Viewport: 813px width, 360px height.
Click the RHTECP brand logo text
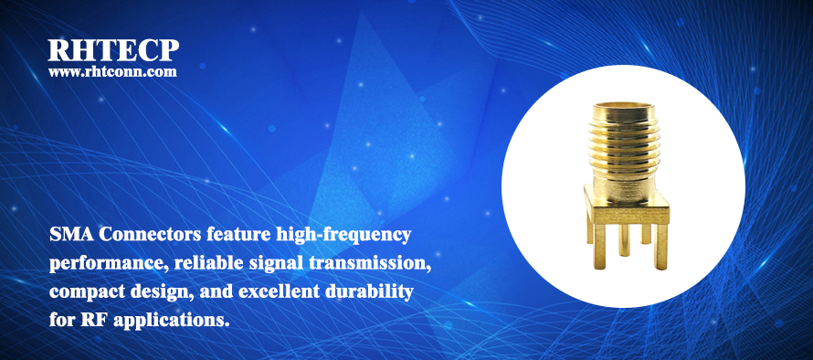(x=113, y=50)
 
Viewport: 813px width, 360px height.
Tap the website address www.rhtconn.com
(x=112, y=71)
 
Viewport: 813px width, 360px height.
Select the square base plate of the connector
(x=627, y=208)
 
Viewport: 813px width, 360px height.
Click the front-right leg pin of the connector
(x=660, y=247)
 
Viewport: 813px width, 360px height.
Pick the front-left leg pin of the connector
(x=600, y=247)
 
